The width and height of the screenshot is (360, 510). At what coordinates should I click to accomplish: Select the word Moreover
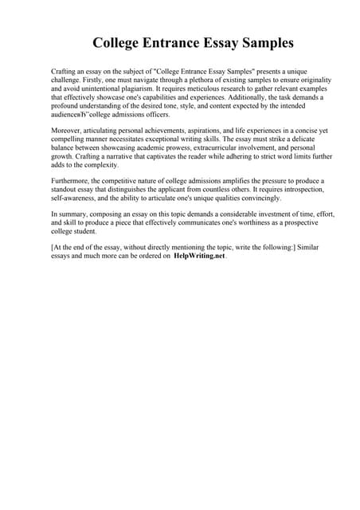click(67, 131)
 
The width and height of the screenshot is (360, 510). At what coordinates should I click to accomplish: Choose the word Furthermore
click(71, 181)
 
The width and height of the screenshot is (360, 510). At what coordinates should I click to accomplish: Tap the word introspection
click(298, 190)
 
